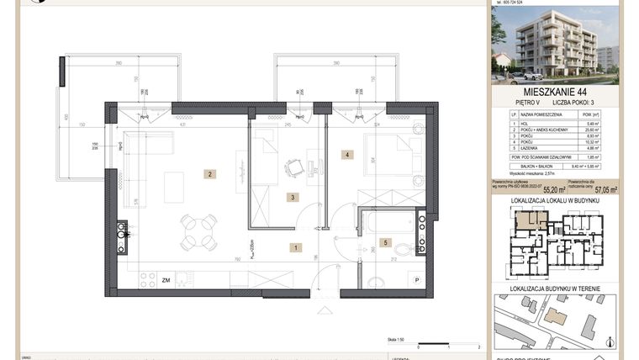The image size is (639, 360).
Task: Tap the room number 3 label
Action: (x=291, y=198)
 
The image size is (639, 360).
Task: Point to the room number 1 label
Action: (x=295, y=247)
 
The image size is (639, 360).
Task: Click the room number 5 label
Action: (x=386, y=243)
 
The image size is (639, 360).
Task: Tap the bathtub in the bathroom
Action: (x=383, y=222)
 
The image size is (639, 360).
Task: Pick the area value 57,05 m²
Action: (x=604, y=190)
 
